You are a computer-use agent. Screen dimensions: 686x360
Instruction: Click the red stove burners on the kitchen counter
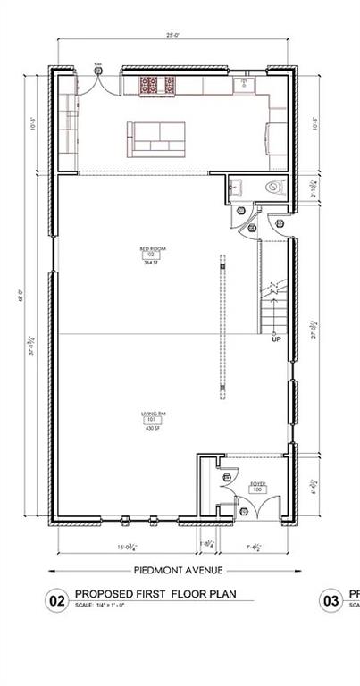click(x=157, y=86)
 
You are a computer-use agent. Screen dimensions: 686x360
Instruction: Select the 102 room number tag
click(x=150, y=255)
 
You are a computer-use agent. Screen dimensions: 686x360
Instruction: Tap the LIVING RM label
click(x=151, y=414)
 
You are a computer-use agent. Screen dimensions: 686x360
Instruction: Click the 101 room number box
click(x=150, y=421)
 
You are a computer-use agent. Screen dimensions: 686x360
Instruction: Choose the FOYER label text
click(x=257, y=483)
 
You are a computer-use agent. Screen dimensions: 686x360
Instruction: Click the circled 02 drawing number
click(x=55, y=602)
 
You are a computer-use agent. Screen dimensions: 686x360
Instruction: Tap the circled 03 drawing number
click(x=331, y=602)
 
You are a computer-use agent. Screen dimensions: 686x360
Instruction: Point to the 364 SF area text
click(x=150, y=262)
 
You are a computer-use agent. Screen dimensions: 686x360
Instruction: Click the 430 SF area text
click(x=150, y=429)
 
